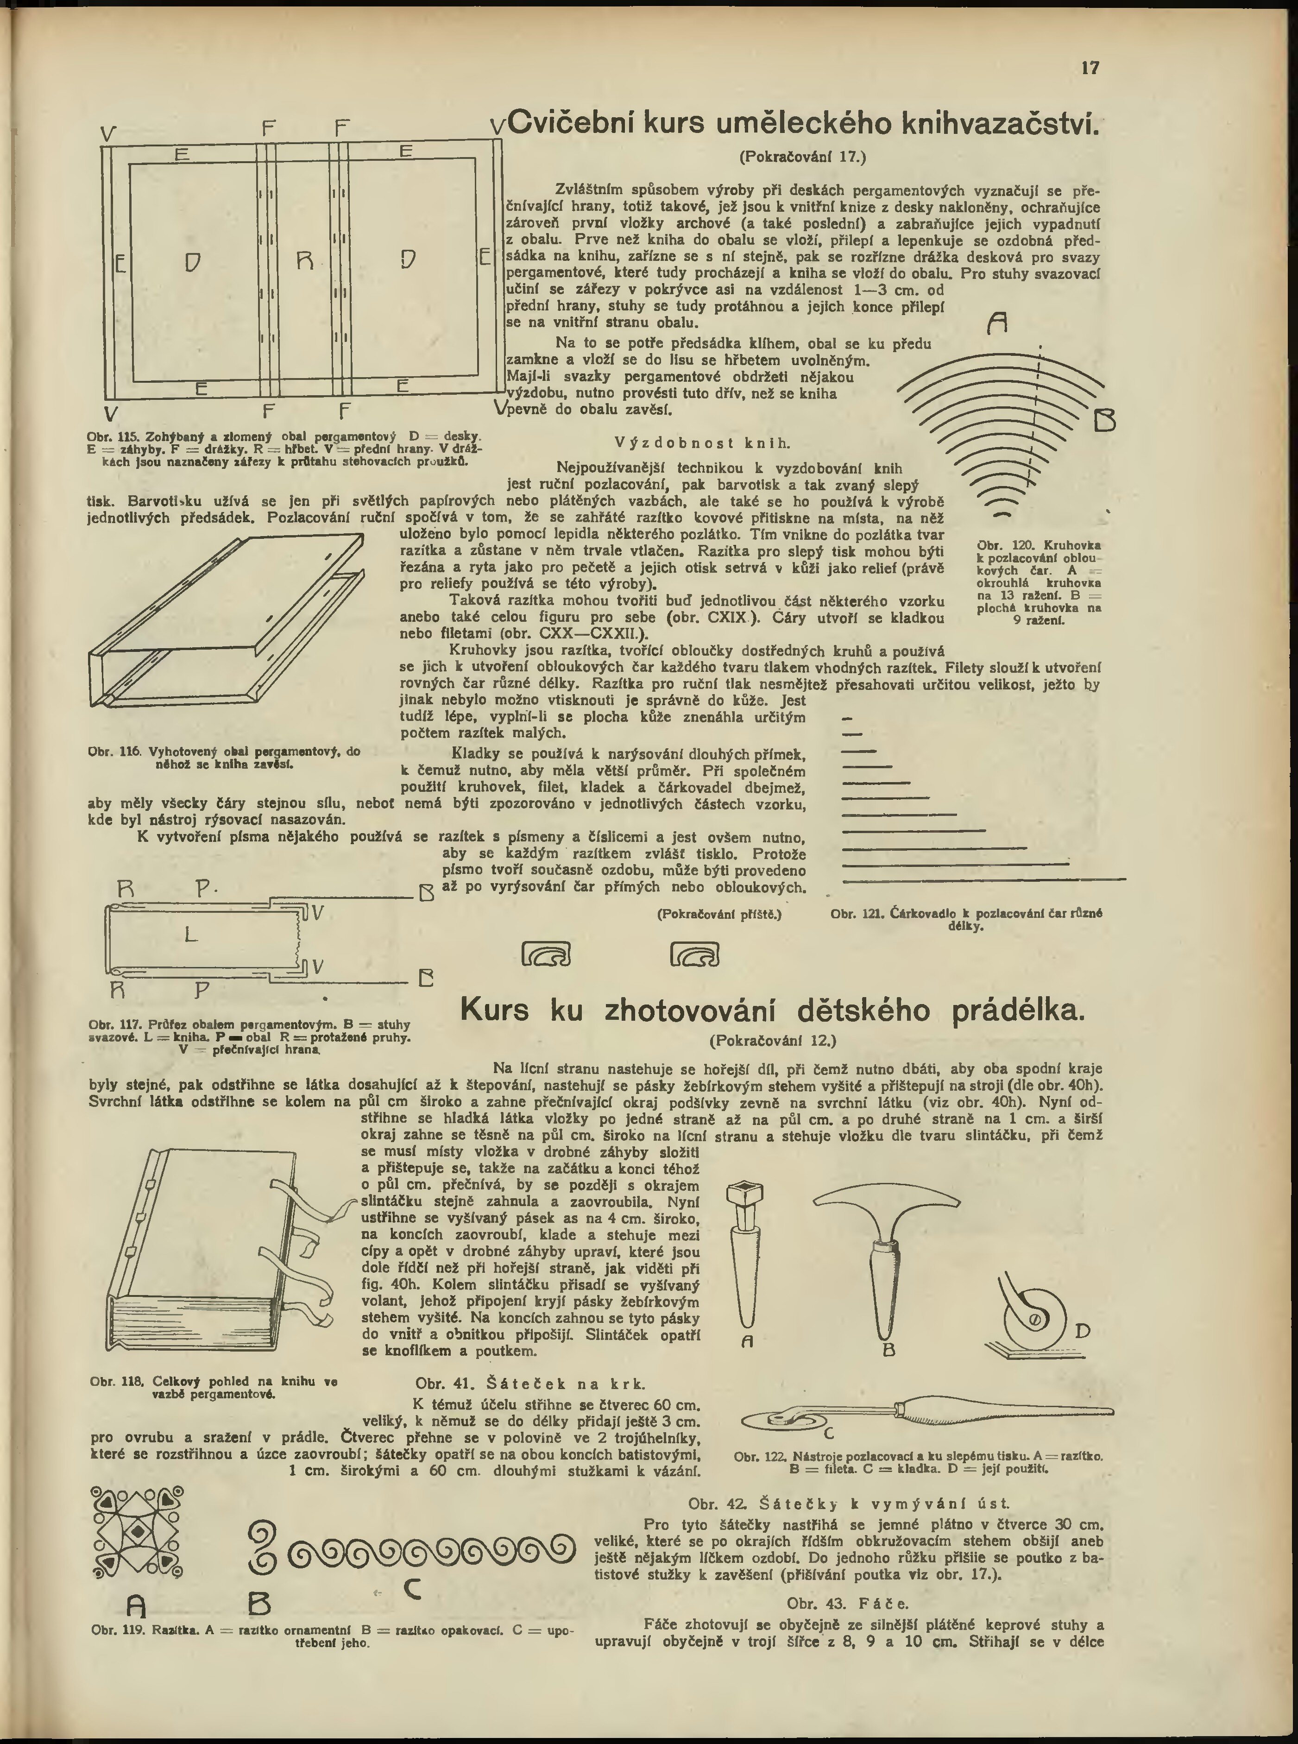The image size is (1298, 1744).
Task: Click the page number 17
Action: click(x=1090, y=69)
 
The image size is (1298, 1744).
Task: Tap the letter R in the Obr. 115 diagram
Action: click(x=306, y=259)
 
